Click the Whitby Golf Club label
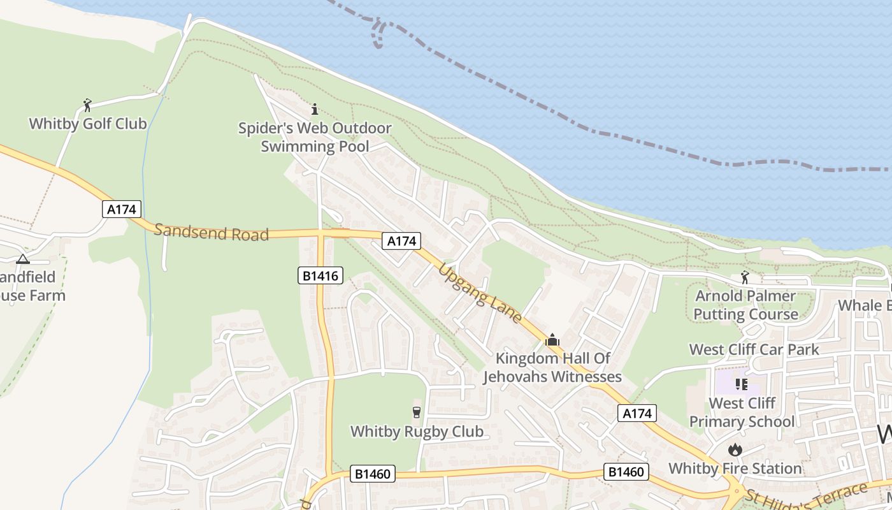(88, 124)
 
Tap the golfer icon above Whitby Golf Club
(88, 105)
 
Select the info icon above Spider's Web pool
(314, 109)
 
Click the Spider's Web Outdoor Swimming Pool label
(315, 137)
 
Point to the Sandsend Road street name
(212, 232)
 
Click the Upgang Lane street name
(480, 293)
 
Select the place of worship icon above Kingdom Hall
(552, 340)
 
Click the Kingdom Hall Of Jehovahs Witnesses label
(552, 367)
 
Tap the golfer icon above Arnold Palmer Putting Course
(745, 277)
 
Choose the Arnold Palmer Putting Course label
(745, 305)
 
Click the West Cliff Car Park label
(754, 349)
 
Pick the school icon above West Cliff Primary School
(742, 384)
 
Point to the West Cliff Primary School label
(742, 412)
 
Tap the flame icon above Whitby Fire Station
(735, 450)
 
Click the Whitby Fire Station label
(735, 469)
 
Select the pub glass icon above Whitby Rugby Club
(417, 412)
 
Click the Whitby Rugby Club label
(417, 432)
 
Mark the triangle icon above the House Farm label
(23, 259)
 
